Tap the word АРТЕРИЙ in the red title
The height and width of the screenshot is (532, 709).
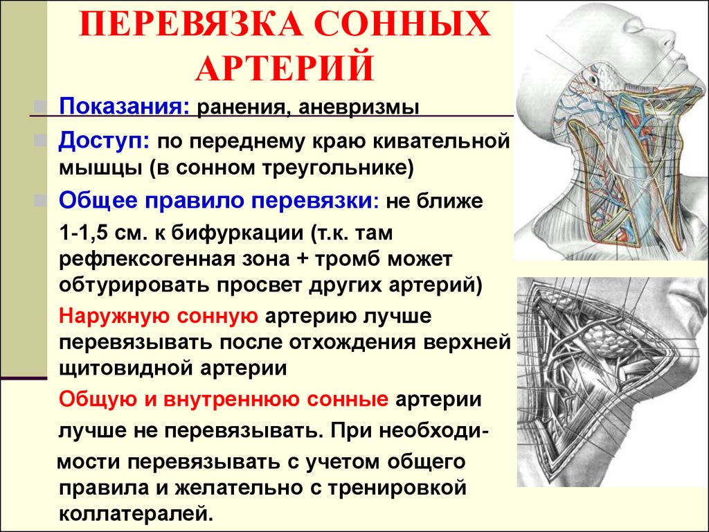[285, 68]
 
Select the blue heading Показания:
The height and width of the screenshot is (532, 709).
[125, 107]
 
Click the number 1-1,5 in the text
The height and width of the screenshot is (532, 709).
[83, 233]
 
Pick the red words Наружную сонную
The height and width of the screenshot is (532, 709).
[159, 316]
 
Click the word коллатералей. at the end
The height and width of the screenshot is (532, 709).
[136, 513]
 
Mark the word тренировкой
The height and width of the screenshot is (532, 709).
[397, 488]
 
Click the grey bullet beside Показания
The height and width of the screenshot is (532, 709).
[40, 107]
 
